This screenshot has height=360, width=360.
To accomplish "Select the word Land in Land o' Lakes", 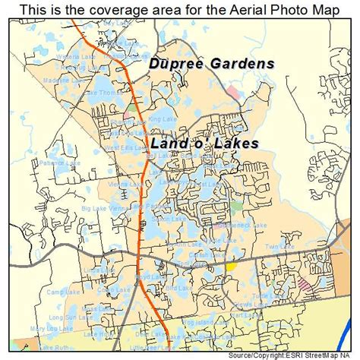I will [169, 143].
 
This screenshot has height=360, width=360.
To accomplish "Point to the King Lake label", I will [162, 118].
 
